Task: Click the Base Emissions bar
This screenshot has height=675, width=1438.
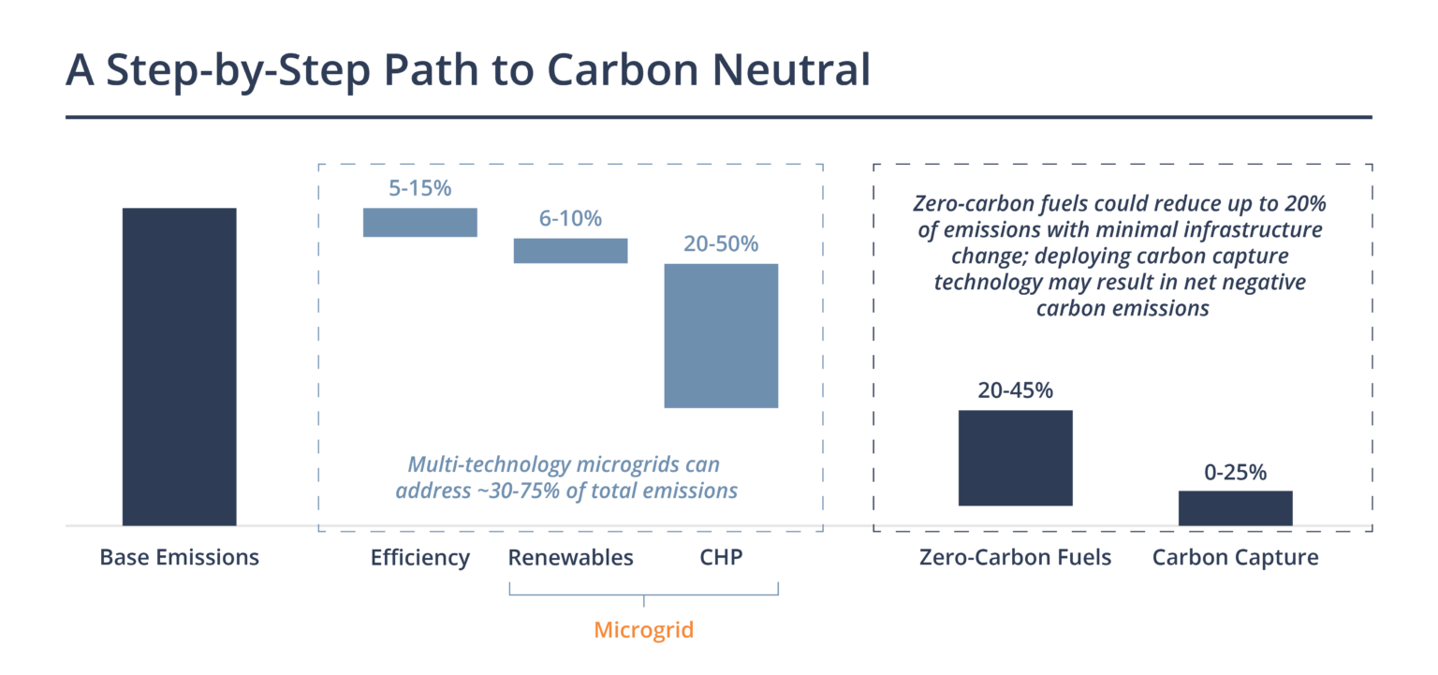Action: (x=179, y=366)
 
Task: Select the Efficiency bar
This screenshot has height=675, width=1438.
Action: (x=420, y=222)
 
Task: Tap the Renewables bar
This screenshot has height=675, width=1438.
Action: (x=570, y=250)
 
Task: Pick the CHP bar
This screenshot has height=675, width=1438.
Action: (x=721, y=335)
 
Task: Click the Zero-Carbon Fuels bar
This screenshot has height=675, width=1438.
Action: (x=1015, y=458)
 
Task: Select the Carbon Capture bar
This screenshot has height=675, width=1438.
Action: (x=1235, y=507)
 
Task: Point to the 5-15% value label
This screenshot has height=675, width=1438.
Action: (x=420, y=188)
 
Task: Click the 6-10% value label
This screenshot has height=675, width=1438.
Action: (x=570, y=218)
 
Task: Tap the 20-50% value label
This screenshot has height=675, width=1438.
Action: (x=721, y=244)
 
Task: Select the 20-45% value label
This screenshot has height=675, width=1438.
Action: (x=1015, y=390)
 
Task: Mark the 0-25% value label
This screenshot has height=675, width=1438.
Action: (x=1235, y=472)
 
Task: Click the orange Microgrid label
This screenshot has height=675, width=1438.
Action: (x=644, y=629)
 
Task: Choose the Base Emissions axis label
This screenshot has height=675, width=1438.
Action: (x=179, y=558)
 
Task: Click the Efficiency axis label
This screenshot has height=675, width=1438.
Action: (x=420, y=558)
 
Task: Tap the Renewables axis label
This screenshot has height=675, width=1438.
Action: (x=570, y=558)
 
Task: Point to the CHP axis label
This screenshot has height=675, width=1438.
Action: (x=721, y=558)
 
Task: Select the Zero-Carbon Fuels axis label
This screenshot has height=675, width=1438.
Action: (x=1015, y=558)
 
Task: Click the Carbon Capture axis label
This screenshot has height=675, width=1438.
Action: (x=1235, y=558)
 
